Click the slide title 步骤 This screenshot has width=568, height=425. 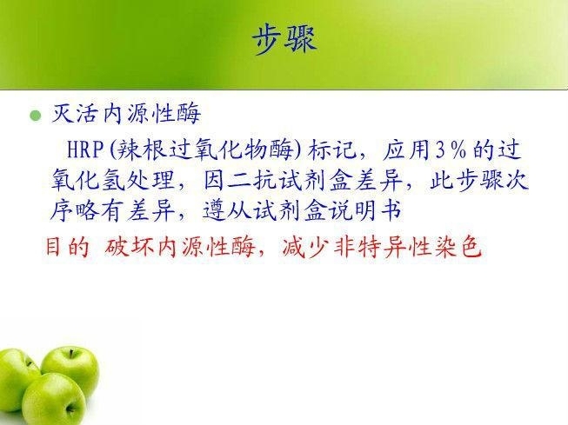point(284,40)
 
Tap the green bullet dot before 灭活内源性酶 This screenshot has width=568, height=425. point(36,116)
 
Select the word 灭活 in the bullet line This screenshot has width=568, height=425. point(75,114)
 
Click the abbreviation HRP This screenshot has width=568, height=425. point(85,149)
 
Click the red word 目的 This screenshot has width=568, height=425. point(67,247)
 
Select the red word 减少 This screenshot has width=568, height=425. point(305,247)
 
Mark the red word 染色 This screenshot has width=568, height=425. point(458,247)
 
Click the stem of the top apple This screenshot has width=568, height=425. point(71,354)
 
